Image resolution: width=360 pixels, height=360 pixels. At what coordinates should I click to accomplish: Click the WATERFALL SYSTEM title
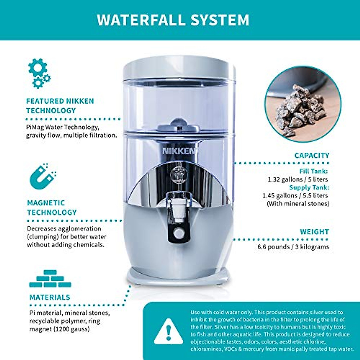173,20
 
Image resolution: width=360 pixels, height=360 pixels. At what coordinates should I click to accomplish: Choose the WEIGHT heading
314,232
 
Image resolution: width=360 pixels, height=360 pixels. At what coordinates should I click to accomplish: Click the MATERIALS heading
50,297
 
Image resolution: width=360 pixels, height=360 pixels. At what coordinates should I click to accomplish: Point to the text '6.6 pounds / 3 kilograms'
293,247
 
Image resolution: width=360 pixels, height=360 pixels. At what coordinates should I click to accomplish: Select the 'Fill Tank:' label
313,171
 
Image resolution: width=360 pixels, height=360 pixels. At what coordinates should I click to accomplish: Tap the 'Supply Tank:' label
309,187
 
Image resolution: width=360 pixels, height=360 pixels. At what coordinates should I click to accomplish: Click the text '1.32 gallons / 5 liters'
298,179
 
